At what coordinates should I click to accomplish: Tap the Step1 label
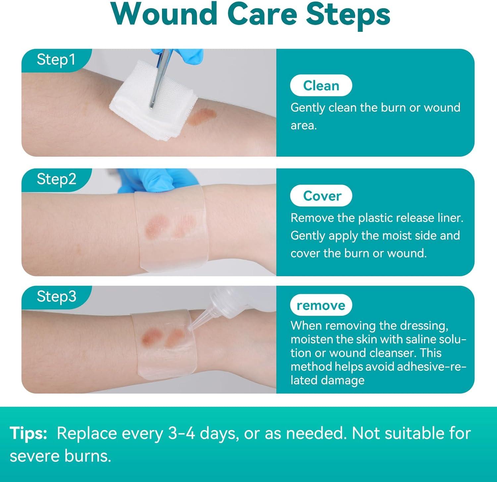click(x=56, y=60)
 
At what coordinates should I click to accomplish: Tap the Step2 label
click(x=56, y=179)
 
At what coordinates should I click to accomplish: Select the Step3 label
click(x=56, y=296)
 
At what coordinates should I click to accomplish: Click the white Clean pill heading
click(x=321, y=85)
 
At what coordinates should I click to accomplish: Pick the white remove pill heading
click(x=321, y=305)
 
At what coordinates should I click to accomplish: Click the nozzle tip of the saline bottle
click(x=190, y=327)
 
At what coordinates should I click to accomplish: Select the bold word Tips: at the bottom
click(x=28, y=433)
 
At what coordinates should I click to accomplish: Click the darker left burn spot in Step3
click(x=149, y=337)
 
